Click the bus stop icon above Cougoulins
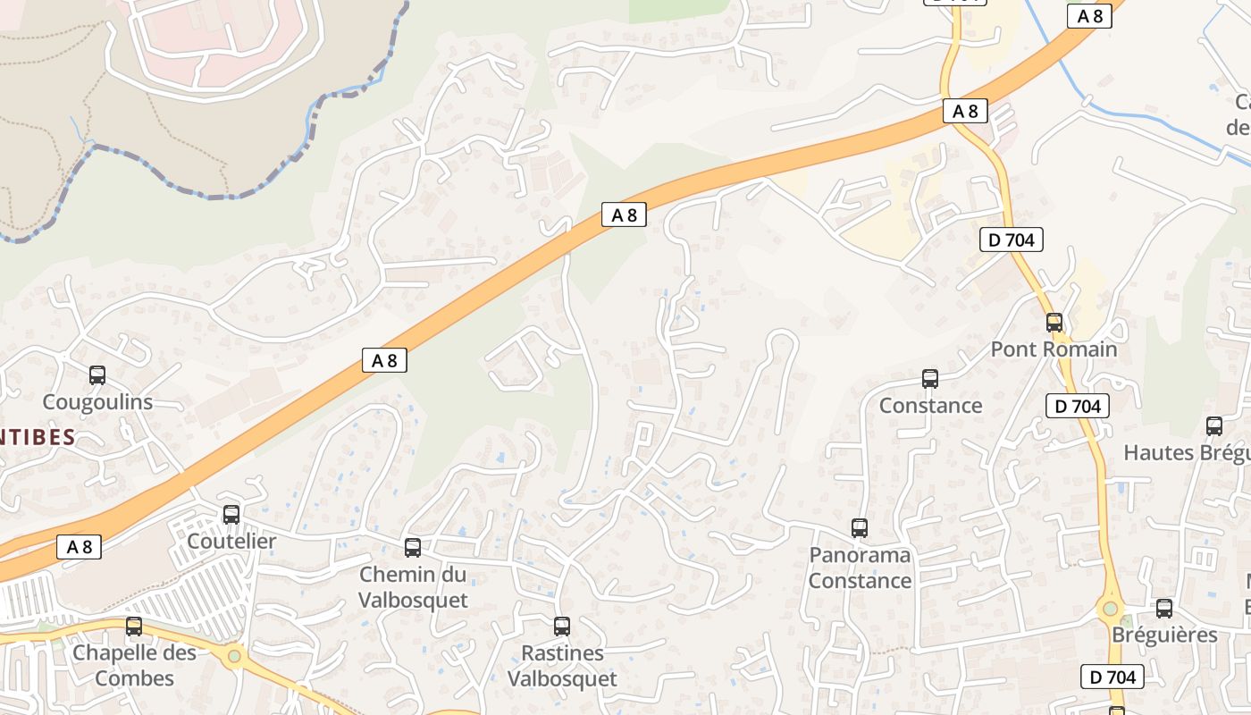pos(97,375)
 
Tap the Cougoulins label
pos(98,402)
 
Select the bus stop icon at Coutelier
pos(231,514)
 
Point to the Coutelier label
pos(231,541)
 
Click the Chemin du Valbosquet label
pos(413,587)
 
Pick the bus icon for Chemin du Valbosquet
pos(413,547)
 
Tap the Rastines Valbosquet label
pos(562,666)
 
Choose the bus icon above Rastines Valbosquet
pos(562,627)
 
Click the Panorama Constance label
pos(860,568)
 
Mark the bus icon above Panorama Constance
pos(860,527)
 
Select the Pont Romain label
pos(1054,349)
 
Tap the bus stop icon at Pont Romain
pos(1054,323)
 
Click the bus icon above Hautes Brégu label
pos(1214,426)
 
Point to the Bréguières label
pos(1164,635)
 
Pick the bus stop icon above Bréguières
pos(1164,609)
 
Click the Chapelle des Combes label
pos(134,666)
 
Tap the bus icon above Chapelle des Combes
pos(134,627)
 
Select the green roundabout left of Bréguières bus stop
pos(1110,609)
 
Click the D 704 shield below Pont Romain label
pos(1078,406)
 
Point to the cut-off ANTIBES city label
pos(38,438)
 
